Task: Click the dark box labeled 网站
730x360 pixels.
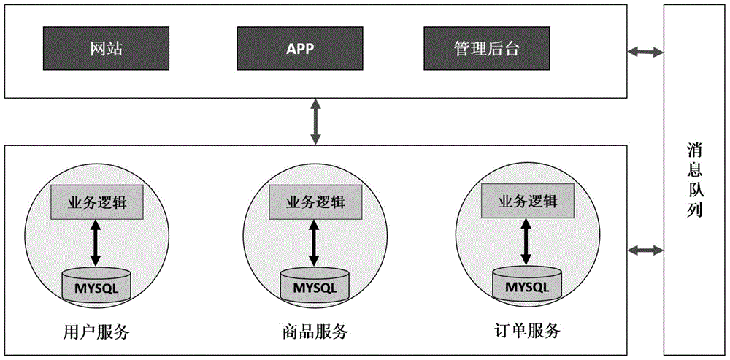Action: [105, 50]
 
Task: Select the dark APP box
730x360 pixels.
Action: [299, 50]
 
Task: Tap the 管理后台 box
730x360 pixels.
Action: [486, 50]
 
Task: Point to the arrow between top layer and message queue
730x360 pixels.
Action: [645, 52]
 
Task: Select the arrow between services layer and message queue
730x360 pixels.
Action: [645, 250]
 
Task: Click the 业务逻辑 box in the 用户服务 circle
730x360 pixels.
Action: [97, 202]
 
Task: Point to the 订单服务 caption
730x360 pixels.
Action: [526, 331]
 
